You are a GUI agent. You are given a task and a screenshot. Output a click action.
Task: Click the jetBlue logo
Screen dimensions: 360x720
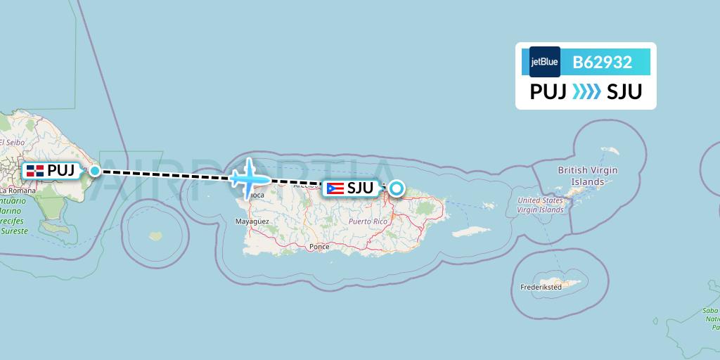point(545,62)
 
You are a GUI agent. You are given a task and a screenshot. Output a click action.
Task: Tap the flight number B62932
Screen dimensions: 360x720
point(602,63)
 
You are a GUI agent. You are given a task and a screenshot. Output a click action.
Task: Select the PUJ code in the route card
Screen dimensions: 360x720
point(548,92)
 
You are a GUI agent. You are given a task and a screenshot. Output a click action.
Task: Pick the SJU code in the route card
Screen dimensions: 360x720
point(624,92)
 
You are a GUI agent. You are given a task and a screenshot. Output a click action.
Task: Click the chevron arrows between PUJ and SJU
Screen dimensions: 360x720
point(586,92)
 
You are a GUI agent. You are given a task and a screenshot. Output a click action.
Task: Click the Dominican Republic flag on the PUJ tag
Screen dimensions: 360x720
point(35,171)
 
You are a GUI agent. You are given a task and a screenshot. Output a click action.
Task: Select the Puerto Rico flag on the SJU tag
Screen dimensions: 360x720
point(335,188)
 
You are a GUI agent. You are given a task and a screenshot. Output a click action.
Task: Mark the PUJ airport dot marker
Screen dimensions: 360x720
point(95,170)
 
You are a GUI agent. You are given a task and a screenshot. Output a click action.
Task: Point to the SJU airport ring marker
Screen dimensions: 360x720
point(397,188)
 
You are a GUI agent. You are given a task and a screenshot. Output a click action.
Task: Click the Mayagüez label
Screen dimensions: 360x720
point(252,221)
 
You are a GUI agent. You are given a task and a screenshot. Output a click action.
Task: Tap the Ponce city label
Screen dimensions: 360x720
point(319,247)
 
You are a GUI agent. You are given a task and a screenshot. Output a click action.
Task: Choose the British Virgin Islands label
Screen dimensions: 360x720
point(587,176)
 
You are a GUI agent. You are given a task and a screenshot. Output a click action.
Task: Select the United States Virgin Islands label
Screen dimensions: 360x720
point(541,205)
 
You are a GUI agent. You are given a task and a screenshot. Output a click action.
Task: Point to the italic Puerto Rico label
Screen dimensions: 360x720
point(368,221)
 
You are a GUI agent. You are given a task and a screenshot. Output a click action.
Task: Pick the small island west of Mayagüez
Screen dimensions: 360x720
point(153,236)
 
